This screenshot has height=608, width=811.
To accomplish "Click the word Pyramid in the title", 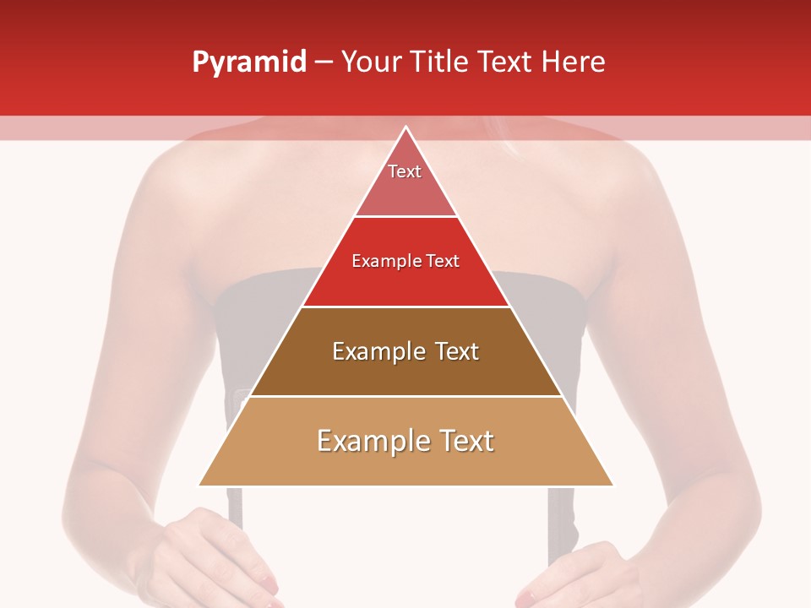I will pyautogui.click(x=248, y=62).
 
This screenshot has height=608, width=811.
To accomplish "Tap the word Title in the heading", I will pyautogui.click(x=438, y=62).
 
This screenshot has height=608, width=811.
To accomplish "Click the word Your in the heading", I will pyautogui.click(x=369, y=62).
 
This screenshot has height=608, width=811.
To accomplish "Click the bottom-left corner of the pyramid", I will pyautogui.click(x=199, y=486).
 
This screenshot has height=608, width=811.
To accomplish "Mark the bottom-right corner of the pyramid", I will pyautogui.click(x=612, y=486).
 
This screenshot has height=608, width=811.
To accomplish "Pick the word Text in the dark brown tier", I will pyautogui.click(x=457, y=351).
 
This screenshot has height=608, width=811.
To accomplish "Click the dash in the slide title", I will pyautogui.click(x=324, y=62).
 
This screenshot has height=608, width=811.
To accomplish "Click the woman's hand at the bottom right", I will pyautogui.click(x=583, y=574).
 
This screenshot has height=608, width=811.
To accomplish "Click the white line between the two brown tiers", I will pyautogui.click(x=405, y=396).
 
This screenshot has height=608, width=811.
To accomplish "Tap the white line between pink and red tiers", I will pyautogui.click(x=405, y=217).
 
